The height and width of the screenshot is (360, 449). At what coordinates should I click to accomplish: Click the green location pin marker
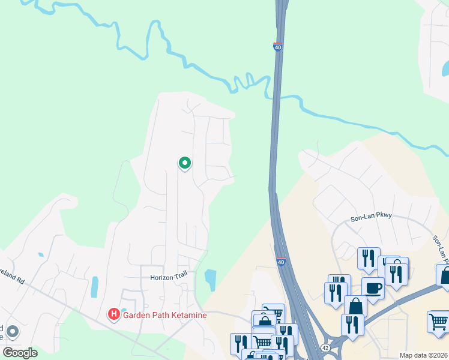185,163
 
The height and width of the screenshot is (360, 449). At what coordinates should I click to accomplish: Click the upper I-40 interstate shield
277,47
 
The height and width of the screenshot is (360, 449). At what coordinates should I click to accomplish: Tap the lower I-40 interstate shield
280,262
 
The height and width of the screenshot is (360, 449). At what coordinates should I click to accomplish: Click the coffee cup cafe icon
373,287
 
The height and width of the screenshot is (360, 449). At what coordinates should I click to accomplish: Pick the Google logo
20,352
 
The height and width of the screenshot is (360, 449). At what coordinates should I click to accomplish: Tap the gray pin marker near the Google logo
13,332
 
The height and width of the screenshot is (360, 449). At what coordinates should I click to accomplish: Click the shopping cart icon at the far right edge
438,322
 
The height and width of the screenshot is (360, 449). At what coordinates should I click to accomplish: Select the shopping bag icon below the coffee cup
355,306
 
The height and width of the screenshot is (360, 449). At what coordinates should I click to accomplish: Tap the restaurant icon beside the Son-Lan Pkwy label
369,259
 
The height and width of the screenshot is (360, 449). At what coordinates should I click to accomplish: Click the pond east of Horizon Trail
210,279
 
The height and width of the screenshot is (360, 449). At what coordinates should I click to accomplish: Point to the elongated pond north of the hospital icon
94,287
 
